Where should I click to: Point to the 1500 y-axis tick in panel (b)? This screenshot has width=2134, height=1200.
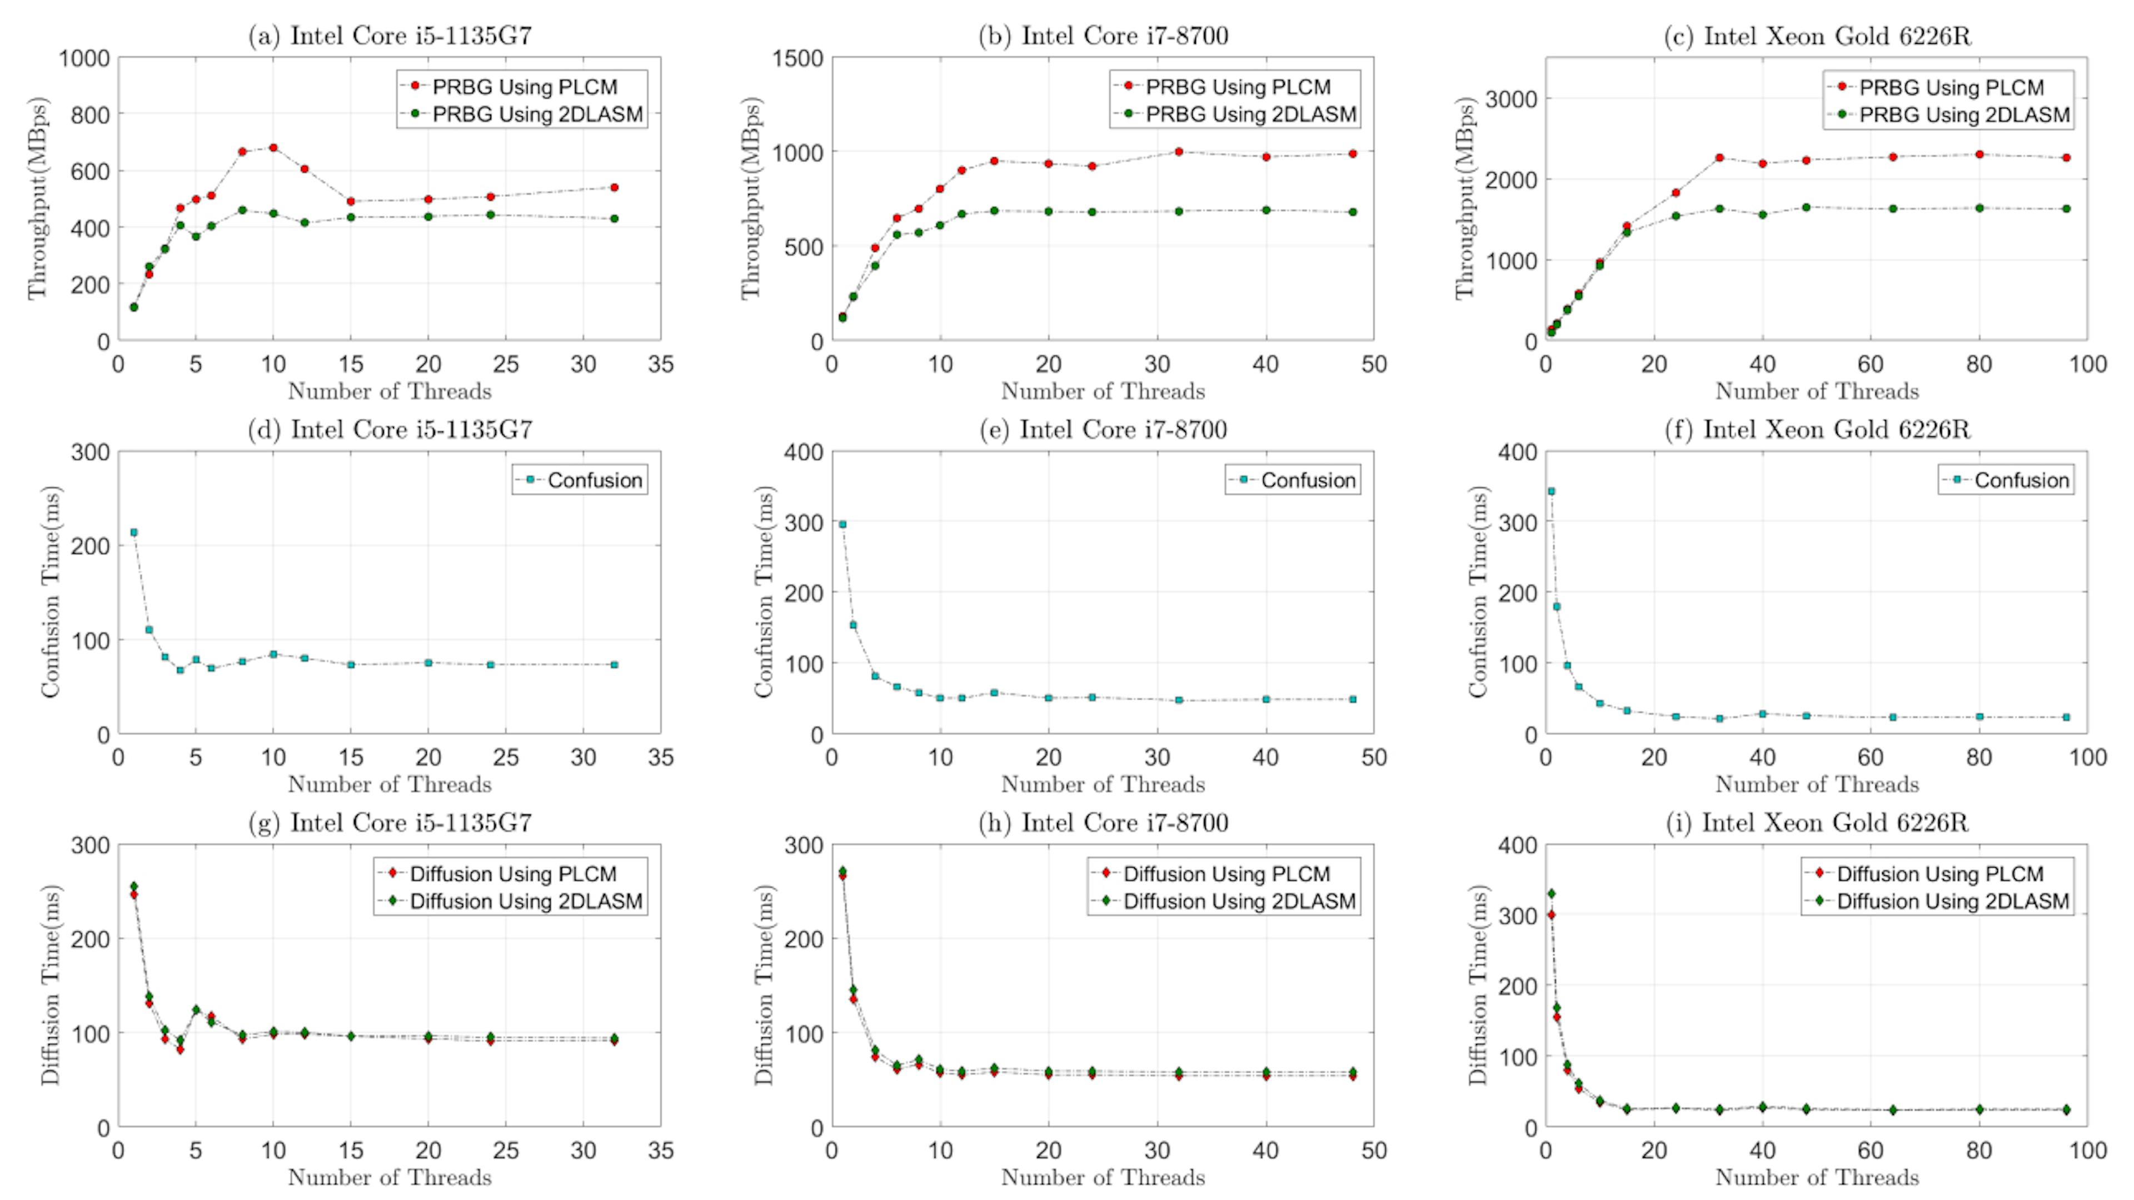tap(799, 58)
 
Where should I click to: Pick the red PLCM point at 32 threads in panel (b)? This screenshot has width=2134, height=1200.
tap(1179, 152)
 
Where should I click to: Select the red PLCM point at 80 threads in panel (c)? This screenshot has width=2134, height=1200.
tap(1979, 154)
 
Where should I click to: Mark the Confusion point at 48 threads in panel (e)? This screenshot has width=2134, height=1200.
tap(1353, 699)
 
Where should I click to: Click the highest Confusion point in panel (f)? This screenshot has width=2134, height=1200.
tap(1552, 491)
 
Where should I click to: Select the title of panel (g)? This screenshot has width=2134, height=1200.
tap(390, 823)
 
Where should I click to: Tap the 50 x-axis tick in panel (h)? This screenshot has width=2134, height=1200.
tap(1374, 1151)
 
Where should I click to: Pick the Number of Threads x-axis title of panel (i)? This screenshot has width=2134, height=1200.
tap(1817, 1178)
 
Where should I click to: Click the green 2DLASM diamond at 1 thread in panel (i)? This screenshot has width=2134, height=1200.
tap(1552, 893)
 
